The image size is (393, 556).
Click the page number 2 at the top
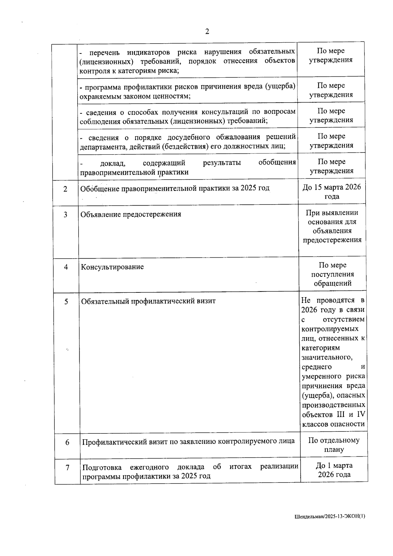[x=207, y=32]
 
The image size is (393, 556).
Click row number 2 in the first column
[x=65, y=189]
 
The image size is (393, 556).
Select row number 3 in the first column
[x=65, y=215]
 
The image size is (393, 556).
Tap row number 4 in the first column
[x=66, y=267]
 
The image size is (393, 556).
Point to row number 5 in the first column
[x=66, y=302]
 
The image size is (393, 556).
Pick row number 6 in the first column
[x=67, y=442]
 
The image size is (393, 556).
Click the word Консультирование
[x=112, y=267]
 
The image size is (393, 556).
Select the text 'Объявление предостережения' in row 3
[x=131, y=214]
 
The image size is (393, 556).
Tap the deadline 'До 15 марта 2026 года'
[x=332, y=192]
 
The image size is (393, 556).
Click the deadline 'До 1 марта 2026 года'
[x=334, y=470]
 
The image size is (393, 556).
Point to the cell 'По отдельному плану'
[x=334, y=445]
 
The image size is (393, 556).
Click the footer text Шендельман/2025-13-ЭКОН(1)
[x=329, y=516]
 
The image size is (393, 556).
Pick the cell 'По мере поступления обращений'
[x=332, y=274]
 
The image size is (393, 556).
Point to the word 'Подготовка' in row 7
[x=102, y=467]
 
